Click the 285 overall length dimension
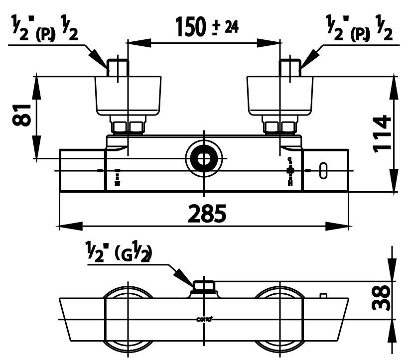click(207, 214)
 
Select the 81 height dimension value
click(22, 116)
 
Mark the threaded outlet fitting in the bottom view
click(203, 286)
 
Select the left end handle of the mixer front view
click(82, 170)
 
